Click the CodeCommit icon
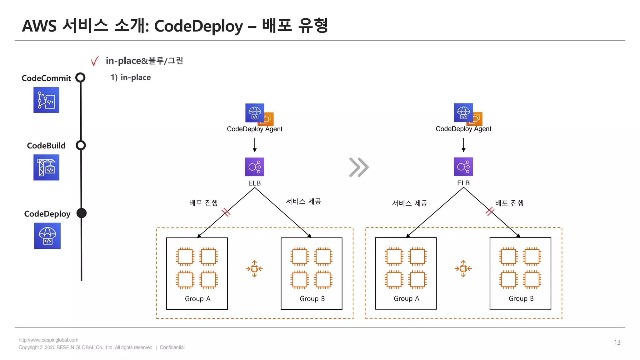pyautogui.click(x=46, y=100)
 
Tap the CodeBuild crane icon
pyautogui.click(x=46, y=167)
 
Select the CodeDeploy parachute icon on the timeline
pyautogui.click(x=47, y=236)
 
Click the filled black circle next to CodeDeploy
pyautogui.click(x=82, y=213)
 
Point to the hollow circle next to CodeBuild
pyautogui.click(x=81, y=145)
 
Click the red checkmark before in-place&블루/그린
pyautogui.click(x=95, y=61)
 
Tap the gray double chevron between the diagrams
pyautogui.click(x=359, y=167)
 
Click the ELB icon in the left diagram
pyautogui.click(x=254, y=167)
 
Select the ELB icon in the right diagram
pyautogui.click(x=463, y=167)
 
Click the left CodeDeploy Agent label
pyautogui.click(x=254, y=129)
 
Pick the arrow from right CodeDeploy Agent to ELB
pyautogui.click(x=463, y=145)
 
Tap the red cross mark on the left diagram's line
pyautogui.click(x=226, y=212)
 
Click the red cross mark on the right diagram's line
pyautogui.click(x=490, y=212)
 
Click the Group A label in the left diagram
pyautogui.click(x=197, y=299)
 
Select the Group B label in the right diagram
pyautogui.click(x=521, y=298)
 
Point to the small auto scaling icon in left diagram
pyautogui.click(x=254, y=269)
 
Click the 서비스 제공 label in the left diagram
pyautogui.click(x=303, y=202)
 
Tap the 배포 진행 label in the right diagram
pyautogui.click(x=509, y=203)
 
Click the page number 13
pyautogui.click(x=617, y=342)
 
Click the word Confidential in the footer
pyautogui.click(x=172, y=347)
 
